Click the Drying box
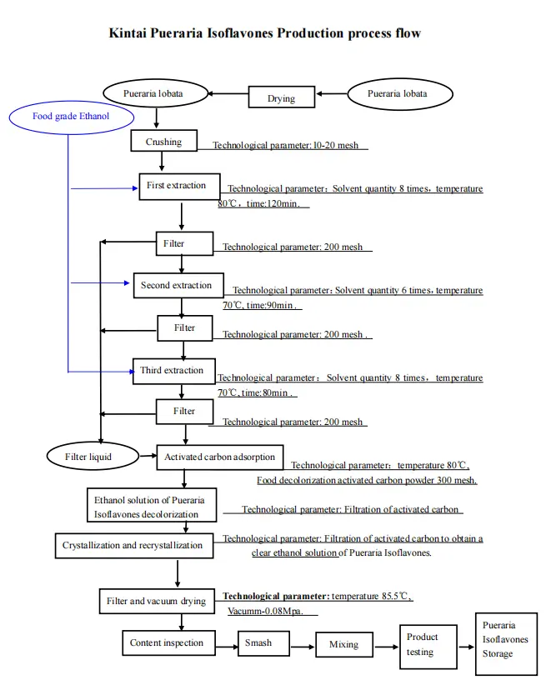pos(282,97)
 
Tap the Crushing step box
pos(163,142)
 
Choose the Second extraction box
pos(178,285)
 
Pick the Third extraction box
pos(173,370)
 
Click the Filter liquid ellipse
pos(88,456)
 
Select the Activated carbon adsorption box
pos(220,457)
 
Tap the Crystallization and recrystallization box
pos(133,545)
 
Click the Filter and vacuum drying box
pos(157,601)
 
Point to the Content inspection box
pos(167,642)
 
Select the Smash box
pos(259,642)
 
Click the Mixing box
pos(343,644)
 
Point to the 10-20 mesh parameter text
pos(336,145)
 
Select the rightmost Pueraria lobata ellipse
pos(398,94)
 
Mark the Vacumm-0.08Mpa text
pos(266,612)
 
